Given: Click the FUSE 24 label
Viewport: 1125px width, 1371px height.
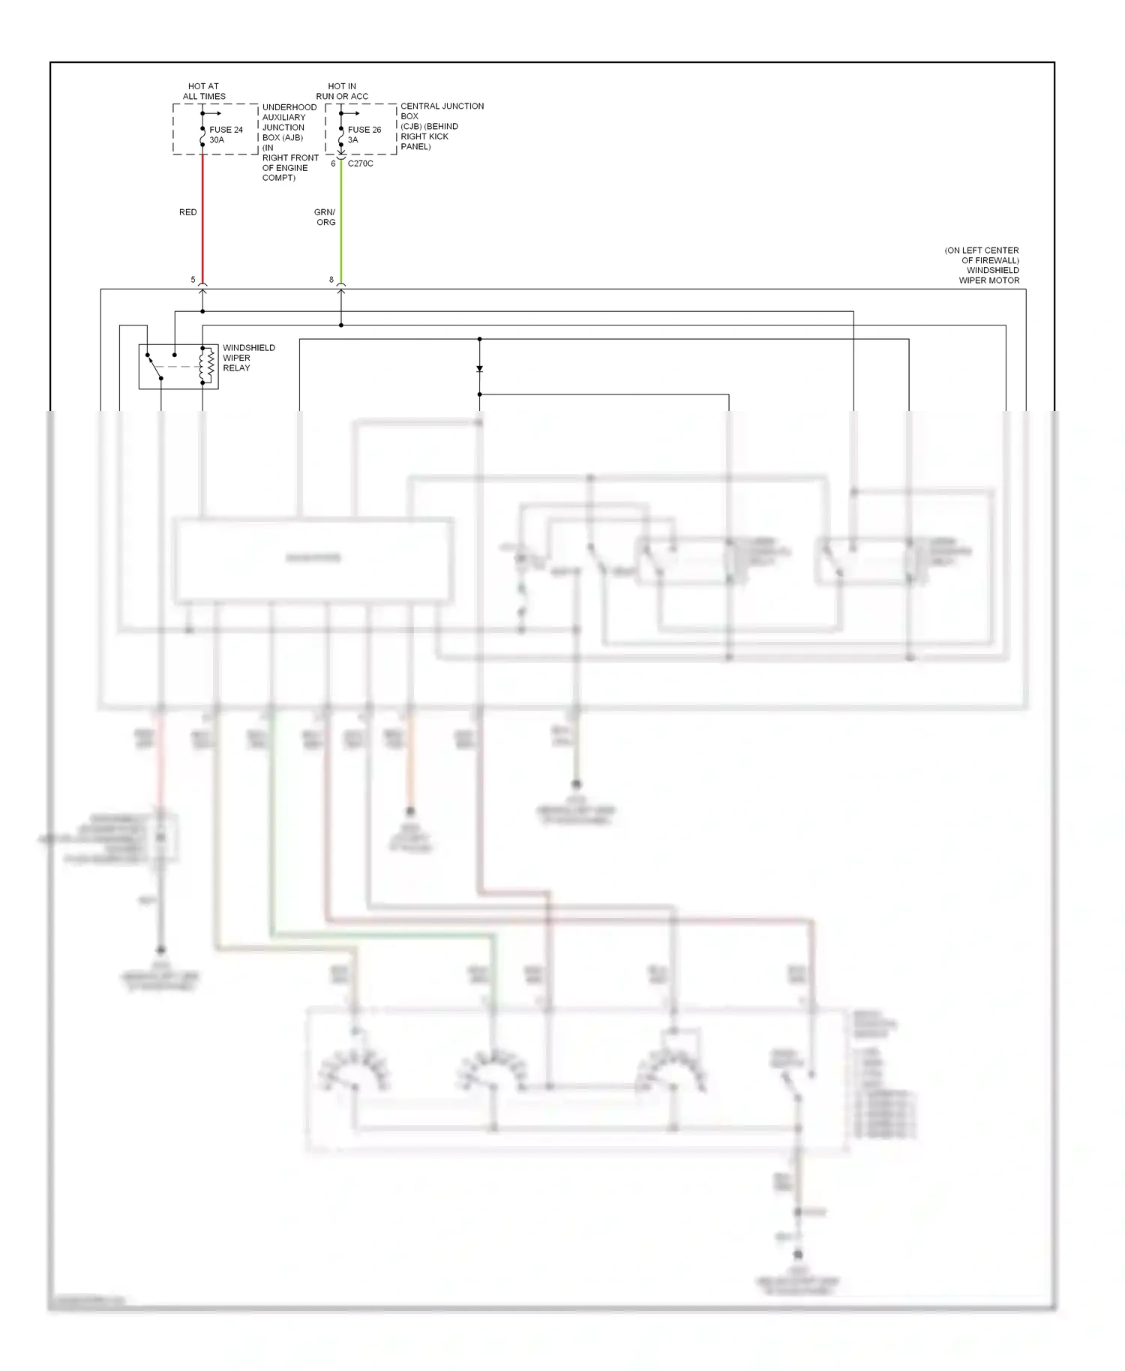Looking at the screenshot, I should pyautogui.click(x=226, y=130).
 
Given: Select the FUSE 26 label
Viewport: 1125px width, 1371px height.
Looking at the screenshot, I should pyautogui.click(x=364, y=130).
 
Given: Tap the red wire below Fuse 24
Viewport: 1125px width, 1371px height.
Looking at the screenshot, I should pyautogui.click(x=202, y=217).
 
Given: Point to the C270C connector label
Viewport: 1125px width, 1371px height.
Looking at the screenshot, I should pyautogui.click(x=361, y=163).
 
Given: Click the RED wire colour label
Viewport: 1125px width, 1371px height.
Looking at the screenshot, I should pyautogui.click(x=187, y=212).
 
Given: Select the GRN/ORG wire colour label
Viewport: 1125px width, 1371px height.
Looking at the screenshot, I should pyautogui.click(x=325, y=217).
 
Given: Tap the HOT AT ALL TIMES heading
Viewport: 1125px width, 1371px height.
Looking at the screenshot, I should pyautogui.click(x=204, y=91).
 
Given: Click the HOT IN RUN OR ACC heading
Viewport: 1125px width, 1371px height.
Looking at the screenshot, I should pyautogui.click(x=342, y=91).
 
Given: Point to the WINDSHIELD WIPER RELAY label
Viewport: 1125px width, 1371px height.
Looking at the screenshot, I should pyautogui.click(x=248, y=358).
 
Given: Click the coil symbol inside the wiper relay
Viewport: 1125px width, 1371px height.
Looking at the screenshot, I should pyautogui.click(x=202, y=365).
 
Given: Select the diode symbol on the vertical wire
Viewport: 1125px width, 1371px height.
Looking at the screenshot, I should pyautogui.click(x=480, y=369).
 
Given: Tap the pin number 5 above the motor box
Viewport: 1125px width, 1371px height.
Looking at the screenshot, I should pyautogui.click(x=193, y=280).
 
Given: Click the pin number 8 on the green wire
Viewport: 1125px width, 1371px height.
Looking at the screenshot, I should pyautogui.click(x=331, y=280).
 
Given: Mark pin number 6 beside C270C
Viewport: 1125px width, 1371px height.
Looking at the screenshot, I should pyautogui.click(x=333, y=163).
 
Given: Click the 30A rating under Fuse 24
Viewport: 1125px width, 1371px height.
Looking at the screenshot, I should pyautogui.click(x=217, y=140).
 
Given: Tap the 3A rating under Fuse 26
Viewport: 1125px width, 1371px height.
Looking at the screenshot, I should pyautogui.click(x=352, y=140).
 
